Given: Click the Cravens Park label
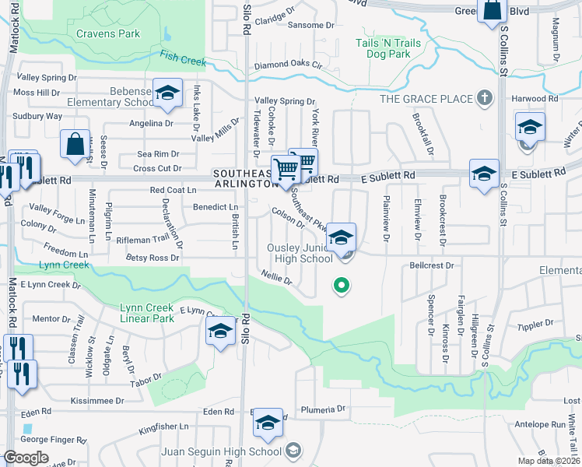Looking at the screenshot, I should [108, 34].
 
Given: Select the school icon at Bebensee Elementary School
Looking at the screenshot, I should [167, 94].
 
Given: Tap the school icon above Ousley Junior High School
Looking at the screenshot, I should [341, 238].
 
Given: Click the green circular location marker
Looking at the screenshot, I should [340, 286].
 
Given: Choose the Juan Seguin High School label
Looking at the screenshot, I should [221, 451].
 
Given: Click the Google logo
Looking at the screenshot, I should [26, 457].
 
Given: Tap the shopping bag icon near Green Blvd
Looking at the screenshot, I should [493, 11].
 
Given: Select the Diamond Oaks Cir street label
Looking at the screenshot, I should [288, 66].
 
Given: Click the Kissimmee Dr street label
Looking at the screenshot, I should [97, 400].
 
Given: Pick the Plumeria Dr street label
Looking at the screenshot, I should [324, 409].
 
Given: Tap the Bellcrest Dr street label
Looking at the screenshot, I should [431, 265].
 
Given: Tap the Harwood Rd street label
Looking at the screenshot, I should [535, 99].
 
